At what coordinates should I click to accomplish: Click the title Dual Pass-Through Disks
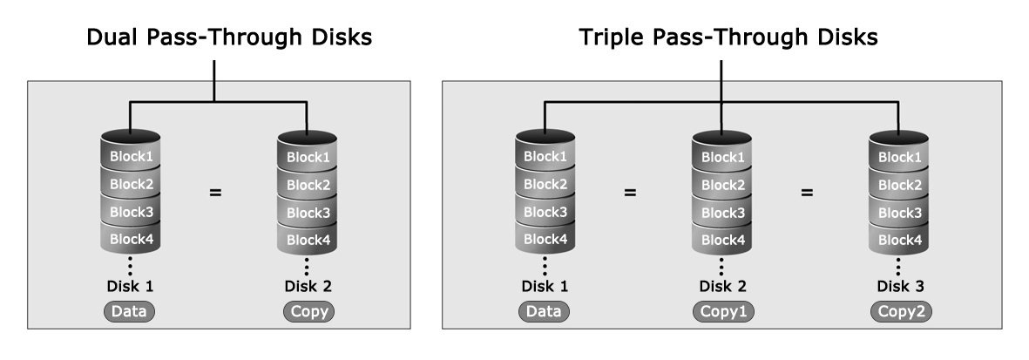[x=229, y=37]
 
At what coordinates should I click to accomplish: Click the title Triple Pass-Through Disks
[x=728, y=37]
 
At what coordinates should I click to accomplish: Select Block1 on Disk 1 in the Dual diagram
[x=131, y=156]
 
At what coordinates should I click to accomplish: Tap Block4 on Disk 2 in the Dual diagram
[x=308, y=240]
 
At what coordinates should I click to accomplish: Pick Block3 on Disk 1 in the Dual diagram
[x=131, y=212]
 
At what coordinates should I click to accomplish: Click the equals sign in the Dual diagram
[x=215, y=193]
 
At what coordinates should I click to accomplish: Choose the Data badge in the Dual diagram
[x=129, y=311]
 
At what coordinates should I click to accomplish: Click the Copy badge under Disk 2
[x=309, y=311]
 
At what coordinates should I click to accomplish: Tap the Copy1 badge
[x=724, y=311]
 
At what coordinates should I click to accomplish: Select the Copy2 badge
[x=902, y=311]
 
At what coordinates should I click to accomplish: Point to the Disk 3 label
[x=900, y=287]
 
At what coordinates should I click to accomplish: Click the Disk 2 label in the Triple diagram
[x=722, y=287]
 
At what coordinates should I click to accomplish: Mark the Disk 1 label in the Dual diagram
[x=130, y=287]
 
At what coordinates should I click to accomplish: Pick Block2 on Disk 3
[x=900, y=185]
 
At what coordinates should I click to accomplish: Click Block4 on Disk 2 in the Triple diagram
[x=722, y=240]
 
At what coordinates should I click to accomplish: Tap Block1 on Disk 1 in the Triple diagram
[x=545, y=156]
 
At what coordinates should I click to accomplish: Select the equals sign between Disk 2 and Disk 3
[x=807, y=193]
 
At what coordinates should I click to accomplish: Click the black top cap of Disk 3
[x=899, y=138]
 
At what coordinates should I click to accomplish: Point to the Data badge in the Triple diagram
[x=544, y=311]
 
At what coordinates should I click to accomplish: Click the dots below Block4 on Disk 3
[x=897, y=265]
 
